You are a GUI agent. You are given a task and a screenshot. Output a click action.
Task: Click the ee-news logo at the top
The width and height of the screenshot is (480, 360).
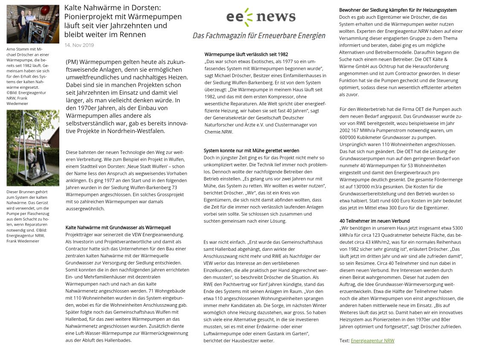coord(260,17)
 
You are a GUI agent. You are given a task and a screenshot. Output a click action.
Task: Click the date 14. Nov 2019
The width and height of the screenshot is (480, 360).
coord(79,45)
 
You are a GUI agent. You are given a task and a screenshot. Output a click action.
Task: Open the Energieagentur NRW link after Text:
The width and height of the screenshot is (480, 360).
coord(372,341)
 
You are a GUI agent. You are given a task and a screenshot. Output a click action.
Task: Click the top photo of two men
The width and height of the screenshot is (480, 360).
coord(33,24)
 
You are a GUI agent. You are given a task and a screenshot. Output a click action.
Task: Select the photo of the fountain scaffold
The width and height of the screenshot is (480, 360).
coord(33,148)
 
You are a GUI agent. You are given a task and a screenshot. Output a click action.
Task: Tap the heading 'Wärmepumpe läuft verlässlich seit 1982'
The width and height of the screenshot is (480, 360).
coord(246,55)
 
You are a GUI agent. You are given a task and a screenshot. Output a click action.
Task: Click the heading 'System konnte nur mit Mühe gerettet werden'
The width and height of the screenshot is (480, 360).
coord(251,151)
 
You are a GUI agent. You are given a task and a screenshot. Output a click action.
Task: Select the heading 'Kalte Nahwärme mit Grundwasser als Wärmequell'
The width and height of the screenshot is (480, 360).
coord(118,228)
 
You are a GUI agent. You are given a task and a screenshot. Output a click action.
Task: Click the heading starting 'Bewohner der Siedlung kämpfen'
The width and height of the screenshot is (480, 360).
coord(398,10)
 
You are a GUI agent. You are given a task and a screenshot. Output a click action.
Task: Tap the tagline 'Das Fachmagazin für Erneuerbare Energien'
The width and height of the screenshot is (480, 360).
coord(259,36)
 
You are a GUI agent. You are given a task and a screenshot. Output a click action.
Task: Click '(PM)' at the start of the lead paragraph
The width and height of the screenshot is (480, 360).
coord(72,62)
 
